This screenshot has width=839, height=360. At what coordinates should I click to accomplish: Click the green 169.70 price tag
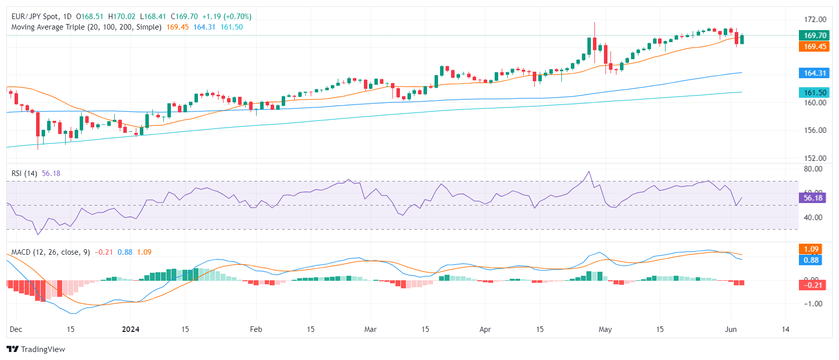pos(814,35)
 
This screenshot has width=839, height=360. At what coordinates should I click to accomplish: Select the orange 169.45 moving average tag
pos(814,47)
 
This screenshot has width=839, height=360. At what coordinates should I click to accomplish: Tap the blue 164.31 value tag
pos(814,73)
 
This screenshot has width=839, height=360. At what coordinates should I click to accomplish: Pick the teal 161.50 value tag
pos(814,93)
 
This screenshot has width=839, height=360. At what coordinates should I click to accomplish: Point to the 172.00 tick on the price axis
pos(815,20)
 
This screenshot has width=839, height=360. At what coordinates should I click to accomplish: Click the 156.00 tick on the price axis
pos(815,130)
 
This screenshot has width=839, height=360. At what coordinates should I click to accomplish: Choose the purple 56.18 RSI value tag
pos(812,198)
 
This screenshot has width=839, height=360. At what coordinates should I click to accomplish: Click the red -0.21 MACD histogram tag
pos(812,285)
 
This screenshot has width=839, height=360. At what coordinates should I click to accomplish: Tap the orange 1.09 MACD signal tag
pos(811,249)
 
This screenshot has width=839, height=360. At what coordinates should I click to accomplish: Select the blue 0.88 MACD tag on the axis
pos(811,260)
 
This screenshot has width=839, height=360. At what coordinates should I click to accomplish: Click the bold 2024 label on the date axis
pos(131,329)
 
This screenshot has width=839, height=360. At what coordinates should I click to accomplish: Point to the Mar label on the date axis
pos(370,329)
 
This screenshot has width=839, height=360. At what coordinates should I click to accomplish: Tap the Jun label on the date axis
pos(731,329)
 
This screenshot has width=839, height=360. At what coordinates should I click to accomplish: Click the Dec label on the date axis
pos(16,329)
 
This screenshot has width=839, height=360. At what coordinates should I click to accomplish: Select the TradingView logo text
pos(43,349)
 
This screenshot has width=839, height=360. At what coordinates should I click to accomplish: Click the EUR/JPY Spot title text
pos(35,17)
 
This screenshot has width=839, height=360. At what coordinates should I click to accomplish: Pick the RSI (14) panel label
pos(24,173)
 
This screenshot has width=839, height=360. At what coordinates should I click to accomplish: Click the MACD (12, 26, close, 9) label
pos(51,252)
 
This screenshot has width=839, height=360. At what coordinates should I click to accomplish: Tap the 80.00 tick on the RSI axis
pos(813,169)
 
